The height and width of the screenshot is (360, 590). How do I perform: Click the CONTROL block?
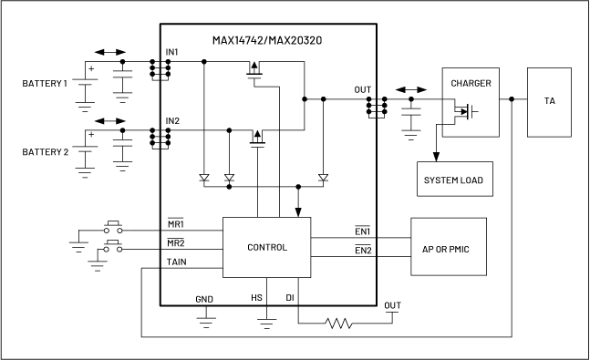click(x=267, y=247)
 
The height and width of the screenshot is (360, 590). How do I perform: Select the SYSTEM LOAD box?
click(x=453, y=180)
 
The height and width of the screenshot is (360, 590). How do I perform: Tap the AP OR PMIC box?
click(x=448, y=249)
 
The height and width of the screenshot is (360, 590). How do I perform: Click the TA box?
click(x=549, y=101)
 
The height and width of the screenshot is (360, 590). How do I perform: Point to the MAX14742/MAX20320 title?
click(x=268, y=40)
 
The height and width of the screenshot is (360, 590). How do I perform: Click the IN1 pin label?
click(x=172, y=52)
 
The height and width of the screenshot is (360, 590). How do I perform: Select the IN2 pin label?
click(x=172, y=120)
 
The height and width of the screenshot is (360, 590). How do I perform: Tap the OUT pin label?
click(x=362, y=89)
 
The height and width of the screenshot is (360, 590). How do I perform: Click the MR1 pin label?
click(x=175, y=223)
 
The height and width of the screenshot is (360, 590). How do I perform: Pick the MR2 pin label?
click(x=175, y=243)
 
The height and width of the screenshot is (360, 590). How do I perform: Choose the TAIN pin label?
click(x=177, y=262)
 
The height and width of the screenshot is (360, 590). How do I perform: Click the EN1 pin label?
click(x=362, y=231)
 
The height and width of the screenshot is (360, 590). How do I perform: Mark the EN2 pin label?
click(x=362, y=251)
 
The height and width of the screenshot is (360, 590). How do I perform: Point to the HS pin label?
click(x=256, y=298)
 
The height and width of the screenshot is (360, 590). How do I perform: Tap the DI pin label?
click(x=290, y=298)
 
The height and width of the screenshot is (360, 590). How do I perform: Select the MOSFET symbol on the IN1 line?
click(x=255, y=69)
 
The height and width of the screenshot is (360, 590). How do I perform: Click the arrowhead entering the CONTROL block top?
click(x=297, y=212)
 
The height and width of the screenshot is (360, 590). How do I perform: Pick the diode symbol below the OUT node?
click(x=322, y=177)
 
